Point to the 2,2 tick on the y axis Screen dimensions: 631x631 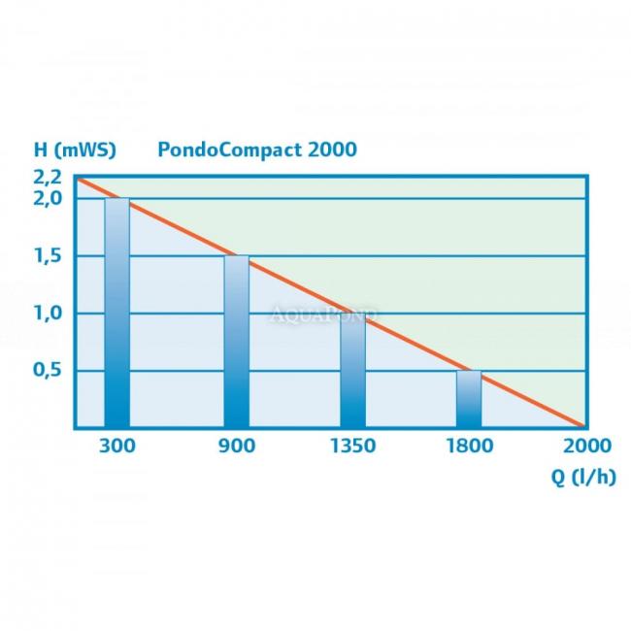click(48, 178)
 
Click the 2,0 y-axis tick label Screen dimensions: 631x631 click(48, 198)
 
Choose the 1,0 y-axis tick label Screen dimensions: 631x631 click(48, 314)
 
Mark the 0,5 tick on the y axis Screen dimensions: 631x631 click(48, 370)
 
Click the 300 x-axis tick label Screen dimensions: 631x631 click(117, 446)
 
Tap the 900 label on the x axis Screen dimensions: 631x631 click(236, 446)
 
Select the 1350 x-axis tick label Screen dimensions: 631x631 click(352, 446)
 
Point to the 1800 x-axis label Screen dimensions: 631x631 click(469, 446)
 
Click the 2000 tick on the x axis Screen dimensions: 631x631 click(585, 446)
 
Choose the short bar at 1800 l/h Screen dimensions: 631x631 click(469, 399)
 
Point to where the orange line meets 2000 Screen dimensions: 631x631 click(584, 426)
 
